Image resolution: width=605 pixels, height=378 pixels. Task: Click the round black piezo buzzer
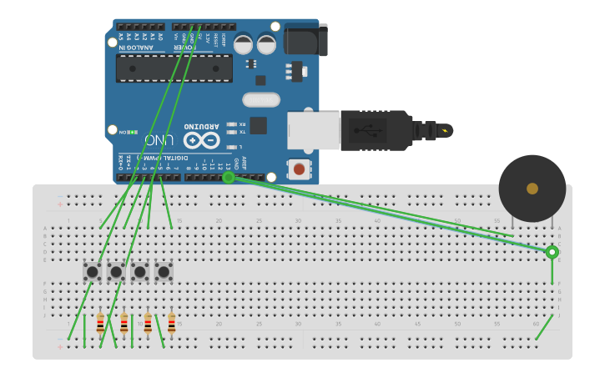pos(532,189)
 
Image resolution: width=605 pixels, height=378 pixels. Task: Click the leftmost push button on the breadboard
pos(92,271)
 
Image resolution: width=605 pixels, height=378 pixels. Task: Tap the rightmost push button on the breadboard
pos(164,271)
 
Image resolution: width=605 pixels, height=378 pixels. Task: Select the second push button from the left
pos(116,271)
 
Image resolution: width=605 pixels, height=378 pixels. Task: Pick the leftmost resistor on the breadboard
pos(100,323)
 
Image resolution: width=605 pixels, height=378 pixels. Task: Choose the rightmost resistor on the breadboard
pos(172,323)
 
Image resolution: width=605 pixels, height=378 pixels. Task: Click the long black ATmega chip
pos(174,68)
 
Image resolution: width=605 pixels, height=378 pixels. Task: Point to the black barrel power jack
pos(305,40)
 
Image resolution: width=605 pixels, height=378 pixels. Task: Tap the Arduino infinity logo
pos(201,139)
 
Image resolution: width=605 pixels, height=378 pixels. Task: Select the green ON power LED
pos(132,132)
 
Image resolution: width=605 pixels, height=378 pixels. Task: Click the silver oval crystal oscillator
pos(261,100)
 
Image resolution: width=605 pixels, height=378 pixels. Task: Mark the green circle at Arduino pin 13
pos(228,177)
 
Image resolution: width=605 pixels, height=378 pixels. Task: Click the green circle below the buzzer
pos(552,252)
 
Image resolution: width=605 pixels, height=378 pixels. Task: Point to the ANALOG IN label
pos(135,48)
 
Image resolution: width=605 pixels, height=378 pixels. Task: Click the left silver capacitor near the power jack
pos(244,43)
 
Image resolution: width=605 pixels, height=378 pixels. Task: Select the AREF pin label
pos(244,164)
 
